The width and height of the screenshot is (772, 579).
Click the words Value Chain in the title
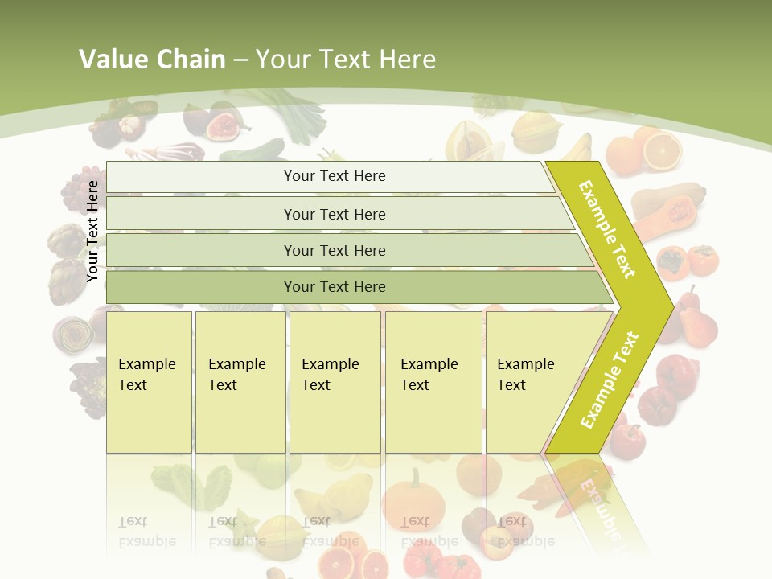point(152,60)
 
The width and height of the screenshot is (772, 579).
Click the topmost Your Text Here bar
point(334,176)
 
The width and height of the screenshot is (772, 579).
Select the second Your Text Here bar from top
point(334,214)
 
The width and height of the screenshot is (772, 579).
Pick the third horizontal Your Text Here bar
point(334,250)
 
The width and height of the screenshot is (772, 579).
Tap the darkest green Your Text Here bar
point(334,287)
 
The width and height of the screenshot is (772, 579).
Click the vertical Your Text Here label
point(92,231)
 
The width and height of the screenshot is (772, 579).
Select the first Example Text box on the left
point(149,381)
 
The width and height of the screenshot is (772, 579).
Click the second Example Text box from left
point(240,381)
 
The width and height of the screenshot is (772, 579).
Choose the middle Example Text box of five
point(335,381)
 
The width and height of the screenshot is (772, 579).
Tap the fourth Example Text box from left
point(433,381)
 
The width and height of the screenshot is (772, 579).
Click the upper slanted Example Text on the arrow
point(607,229)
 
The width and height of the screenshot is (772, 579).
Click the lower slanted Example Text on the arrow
point(609,380)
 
